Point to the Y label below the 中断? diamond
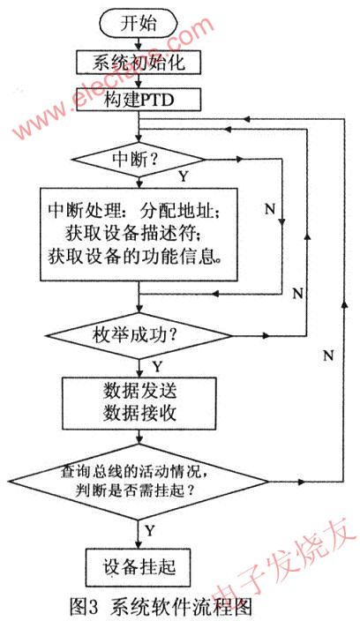click(183, 176)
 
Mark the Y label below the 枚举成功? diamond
click(157, 365)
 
